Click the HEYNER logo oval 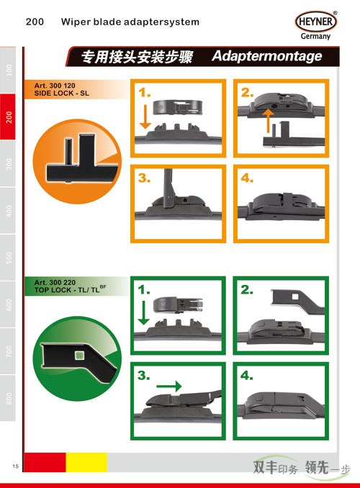point(316,22)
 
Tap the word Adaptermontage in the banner point(267,56)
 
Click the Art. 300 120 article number point(55,86)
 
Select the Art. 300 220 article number point(55,283)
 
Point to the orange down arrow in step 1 point(145,117)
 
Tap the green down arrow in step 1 point(143,313)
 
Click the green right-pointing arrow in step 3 point(168,387)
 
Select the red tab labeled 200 point(8,117)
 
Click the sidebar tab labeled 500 point(8,258)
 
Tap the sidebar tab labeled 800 point(8,398)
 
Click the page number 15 point(16,466)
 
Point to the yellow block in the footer point(86,462)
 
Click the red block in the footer point(45,462)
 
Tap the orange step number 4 point(247,178)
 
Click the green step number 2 point(247,290)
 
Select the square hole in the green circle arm point(79,355)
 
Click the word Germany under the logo point(315,37)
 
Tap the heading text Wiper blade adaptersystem point(130,22)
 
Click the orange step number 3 point(144,178)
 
